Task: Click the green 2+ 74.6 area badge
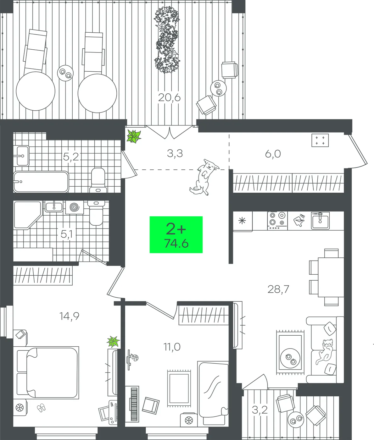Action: click(x=176, y=234)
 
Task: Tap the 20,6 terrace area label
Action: click(x=169, y=98)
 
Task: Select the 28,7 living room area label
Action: click(x=278, y=289)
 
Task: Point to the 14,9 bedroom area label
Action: click(x=69, y=316)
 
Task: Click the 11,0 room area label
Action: click(x=172, y=347)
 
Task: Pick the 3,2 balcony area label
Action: click(x=260, y=410)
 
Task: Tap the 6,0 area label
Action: click(x=273, y=153)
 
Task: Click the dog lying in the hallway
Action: click(x=204, y=177)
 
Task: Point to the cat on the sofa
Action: click(x=324, y=351)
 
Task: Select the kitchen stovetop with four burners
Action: click(x=277, y=221)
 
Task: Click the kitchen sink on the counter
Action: click(x=320, y=220)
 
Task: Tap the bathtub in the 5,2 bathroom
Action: click(x=41, y=182)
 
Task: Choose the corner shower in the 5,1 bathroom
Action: click(x=27, y=215)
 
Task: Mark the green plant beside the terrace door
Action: click(x=134, y=136)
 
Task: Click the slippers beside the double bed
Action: click(x=41, y=408)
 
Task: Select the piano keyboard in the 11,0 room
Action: click(x=134, y=404)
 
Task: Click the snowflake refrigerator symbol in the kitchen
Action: click(x=242, y=221)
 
